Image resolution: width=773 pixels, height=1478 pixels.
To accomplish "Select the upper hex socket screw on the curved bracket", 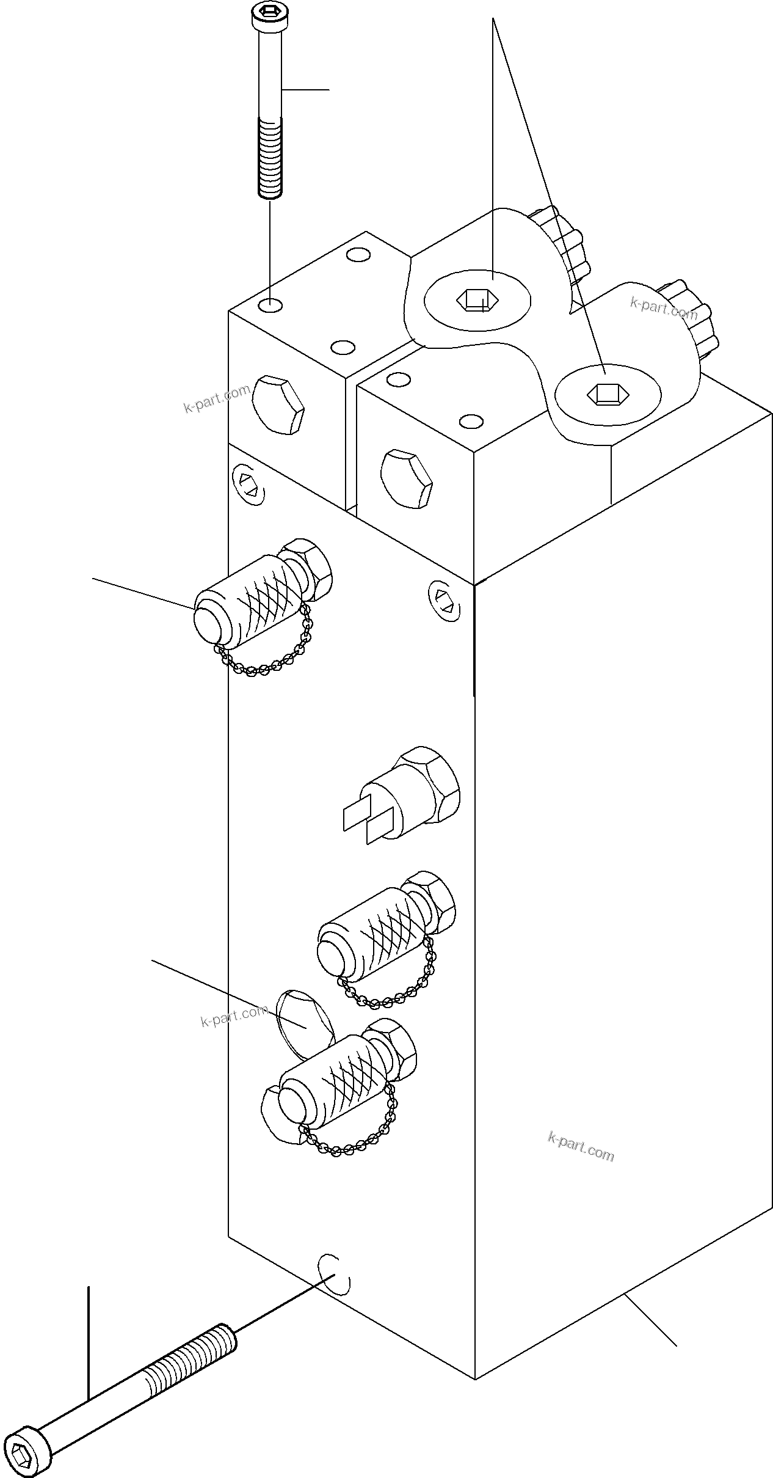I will tap(477, 299).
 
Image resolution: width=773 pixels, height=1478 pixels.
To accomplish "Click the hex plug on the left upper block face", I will tap(278, 406).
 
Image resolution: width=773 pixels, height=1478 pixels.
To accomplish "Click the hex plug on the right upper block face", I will tap(405, 479).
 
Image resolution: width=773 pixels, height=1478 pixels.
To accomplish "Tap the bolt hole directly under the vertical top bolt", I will tap(270, 304).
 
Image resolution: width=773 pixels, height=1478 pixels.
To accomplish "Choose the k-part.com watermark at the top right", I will tap(663, 309).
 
